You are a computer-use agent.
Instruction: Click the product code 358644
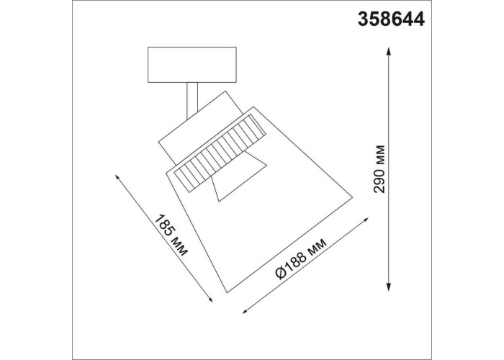point(391,19)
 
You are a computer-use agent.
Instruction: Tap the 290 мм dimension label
point(379,169)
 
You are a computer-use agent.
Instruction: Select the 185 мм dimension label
point(171,235)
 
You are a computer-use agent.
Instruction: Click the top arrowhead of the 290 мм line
point(389,51)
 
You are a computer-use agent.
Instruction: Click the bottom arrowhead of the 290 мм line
point(389,287)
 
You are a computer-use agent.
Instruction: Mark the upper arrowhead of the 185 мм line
point(117,178)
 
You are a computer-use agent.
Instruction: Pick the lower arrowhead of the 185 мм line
point(210,299)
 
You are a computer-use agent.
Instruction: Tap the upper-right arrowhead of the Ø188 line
point(365,220)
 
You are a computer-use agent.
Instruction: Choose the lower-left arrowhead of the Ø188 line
point(246,310)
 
